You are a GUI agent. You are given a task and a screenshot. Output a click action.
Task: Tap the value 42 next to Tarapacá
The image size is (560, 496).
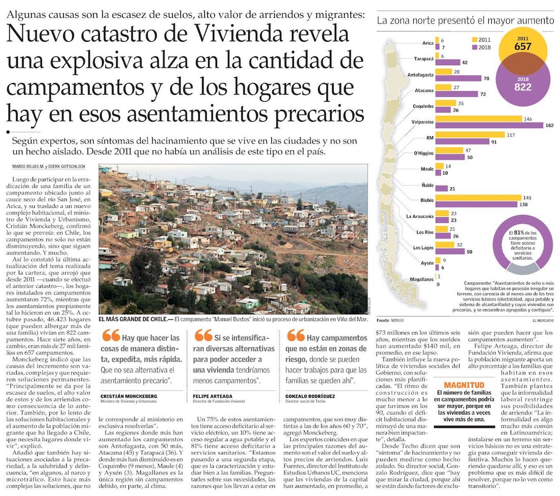(x=465, y=62)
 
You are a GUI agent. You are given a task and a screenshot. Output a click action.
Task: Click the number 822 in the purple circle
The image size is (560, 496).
(x=523, y=87)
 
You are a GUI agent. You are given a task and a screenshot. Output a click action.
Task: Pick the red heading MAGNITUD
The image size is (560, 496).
(x=464, y=385)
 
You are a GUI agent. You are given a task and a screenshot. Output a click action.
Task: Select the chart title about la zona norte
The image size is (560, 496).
(x=465, y=21)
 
